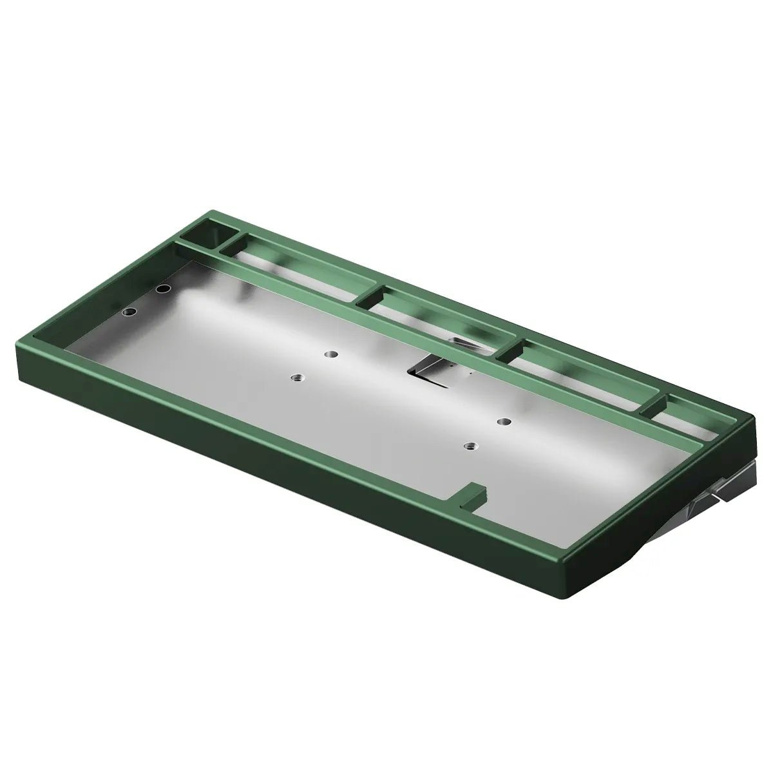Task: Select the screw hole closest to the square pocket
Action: point(164,288)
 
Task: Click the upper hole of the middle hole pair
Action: point(331,354)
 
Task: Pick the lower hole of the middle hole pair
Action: point(296,377)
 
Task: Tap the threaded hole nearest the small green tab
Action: point(471,446)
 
